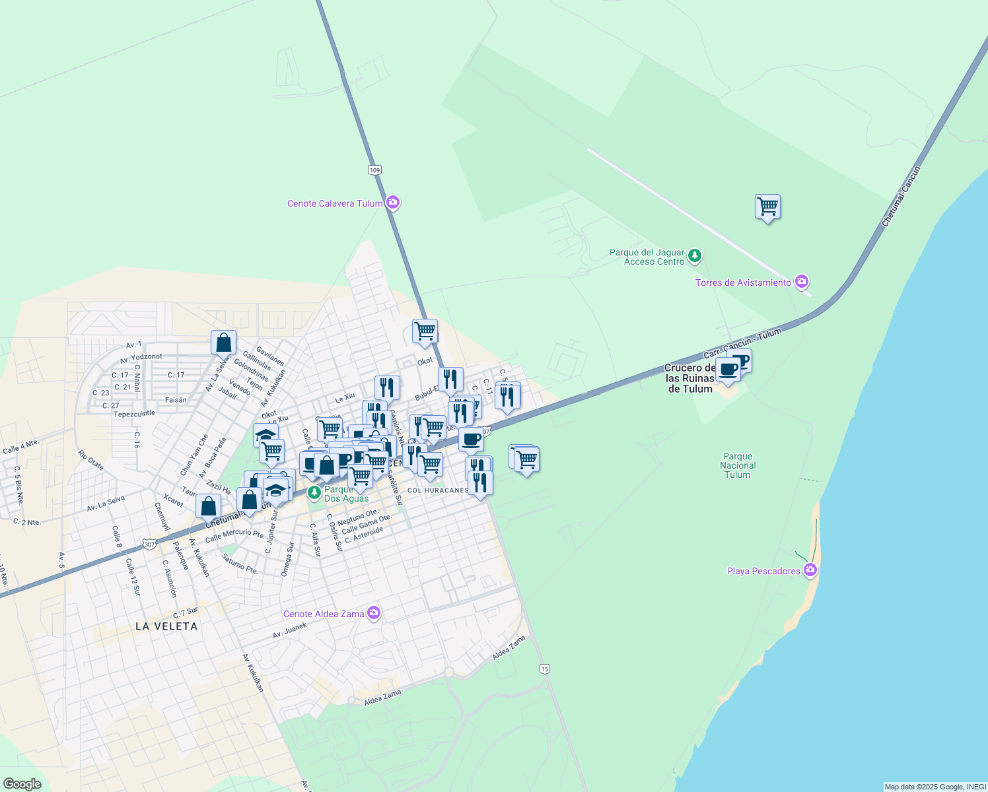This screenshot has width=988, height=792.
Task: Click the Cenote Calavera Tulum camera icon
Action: [x=393, y=203]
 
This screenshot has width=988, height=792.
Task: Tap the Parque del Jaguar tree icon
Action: [x=694, y=256]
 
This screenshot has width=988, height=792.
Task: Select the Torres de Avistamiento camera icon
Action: [x=802, y=282]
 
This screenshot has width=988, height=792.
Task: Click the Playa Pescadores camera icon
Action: [x=811, y=571]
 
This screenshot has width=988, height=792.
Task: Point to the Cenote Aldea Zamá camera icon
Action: [x=374, y=614]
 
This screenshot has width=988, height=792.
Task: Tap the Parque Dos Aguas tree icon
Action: [x=314, y=492]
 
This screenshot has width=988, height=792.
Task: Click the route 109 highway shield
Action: [x=375, y=170]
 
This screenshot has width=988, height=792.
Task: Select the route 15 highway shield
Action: [x=544, y=669]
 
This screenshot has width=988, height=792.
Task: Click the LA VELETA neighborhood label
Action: [x=166, y=626]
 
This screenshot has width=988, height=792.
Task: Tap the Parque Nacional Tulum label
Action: [x=738, y=465]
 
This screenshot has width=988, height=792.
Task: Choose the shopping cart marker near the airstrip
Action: [x=767, y=207]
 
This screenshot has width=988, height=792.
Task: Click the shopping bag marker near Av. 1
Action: [x=224, y=343]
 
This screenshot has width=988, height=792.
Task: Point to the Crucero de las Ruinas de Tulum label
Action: [x=689, y=378]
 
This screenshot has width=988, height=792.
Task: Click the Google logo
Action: [x=22, y=784]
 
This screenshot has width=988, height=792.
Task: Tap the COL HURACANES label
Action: [x=437, y=490]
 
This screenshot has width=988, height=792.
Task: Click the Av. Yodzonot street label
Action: [x=141, y=357]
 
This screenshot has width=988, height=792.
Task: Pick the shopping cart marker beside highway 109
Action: [x=425, y=331]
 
